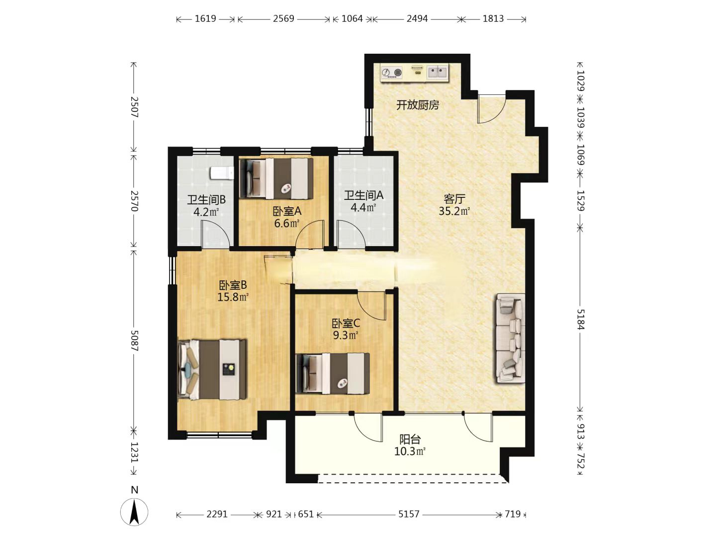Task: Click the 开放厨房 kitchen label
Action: click(417, 105)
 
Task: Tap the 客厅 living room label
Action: click(454, 198)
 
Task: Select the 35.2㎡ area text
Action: click(454, 211)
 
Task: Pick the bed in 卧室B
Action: click(212, 369)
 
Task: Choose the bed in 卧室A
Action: click(276, 178)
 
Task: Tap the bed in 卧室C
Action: click(333, 373)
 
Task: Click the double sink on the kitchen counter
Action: click(437, 72)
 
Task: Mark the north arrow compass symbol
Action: click(134, 512)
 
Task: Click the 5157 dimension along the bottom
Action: click(408, 514)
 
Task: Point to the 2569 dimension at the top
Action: click(283, 18)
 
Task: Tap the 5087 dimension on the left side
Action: click(134, 341)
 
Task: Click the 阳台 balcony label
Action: click(410, 440)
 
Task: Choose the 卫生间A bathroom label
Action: click(363, 195)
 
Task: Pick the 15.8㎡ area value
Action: click(233, 297)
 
